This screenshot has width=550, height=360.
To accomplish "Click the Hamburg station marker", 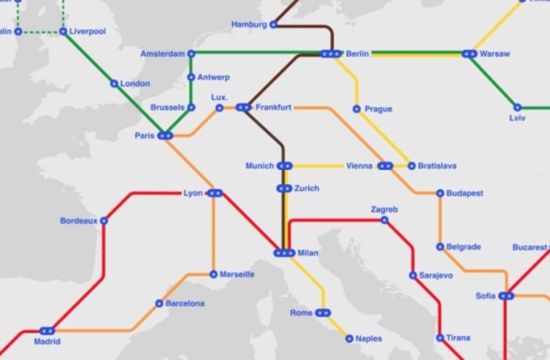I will pos(273,24).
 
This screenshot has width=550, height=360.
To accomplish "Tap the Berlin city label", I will pos(357,53).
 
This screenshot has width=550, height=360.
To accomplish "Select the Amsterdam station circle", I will pos(191,53).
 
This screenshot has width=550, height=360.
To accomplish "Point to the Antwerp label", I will pos(213,78).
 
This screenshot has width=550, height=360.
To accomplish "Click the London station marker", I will pos(114,83).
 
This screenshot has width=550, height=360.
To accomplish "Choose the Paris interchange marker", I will pos(165,136).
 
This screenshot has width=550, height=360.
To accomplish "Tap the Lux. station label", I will pos(219,98).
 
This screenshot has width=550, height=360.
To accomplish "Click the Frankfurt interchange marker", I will pos(243,107).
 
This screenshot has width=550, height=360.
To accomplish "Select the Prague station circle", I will pos(357,109).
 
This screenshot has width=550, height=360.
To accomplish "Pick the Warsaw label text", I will pos(495,53).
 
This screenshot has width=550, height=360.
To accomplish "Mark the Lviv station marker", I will pos(518,107).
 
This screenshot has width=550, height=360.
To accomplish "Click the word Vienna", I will pos(359,166).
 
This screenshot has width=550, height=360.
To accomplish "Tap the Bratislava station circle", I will pos(411,166).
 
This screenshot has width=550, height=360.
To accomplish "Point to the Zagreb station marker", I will pos(384,220).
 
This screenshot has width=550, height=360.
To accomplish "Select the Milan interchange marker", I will pos(284,253).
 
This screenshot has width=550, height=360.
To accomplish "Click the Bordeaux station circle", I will pos(104,221).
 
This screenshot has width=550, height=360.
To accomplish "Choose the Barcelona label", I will pos(185,303).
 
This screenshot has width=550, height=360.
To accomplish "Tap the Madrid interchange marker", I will pos(47,331).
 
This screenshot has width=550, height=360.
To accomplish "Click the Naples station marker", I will pos(350,338).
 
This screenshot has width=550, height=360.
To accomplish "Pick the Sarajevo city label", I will pos(436,276).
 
